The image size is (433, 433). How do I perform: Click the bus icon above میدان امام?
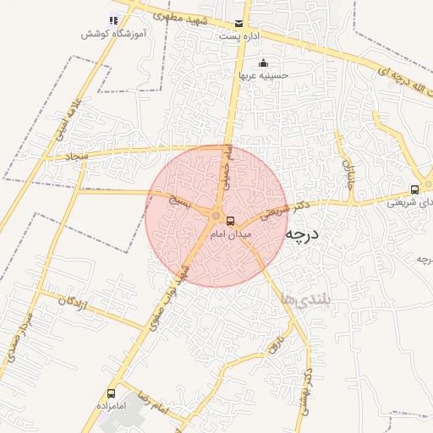(231, 222)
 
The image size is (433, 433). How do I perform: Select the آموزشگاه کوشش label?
(111, 34)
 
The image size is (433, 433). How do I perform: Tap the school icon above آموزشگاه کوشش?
(112, 20)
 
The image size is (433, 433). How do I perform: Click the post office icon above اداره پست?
(238, 23)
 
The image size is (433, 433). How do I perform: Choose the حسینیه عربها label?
(263, 75)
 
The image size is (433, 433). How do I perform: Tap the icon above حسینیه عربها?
(263, 63)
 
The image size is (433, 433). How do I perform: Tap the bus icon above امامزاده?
(111, 393)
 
